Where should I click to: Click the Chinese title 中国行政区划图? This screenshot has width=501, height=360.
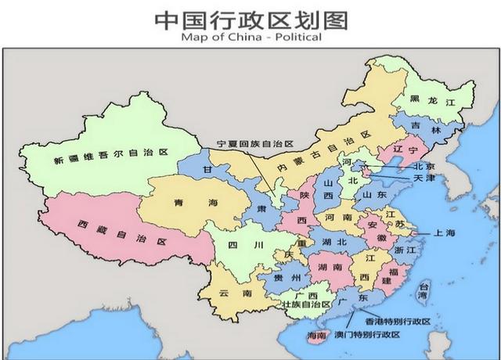click(250, 19)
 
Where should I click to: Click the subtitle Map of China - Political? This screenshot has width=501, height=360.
click(250, 37)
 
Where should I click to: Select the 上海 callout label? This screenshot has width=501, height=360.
click(442, 233)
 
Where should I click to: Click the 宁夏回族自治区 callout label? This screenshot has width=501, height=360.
click(254, 145)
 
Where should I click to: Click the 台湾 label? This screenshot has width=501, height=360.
click(424, 292)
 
